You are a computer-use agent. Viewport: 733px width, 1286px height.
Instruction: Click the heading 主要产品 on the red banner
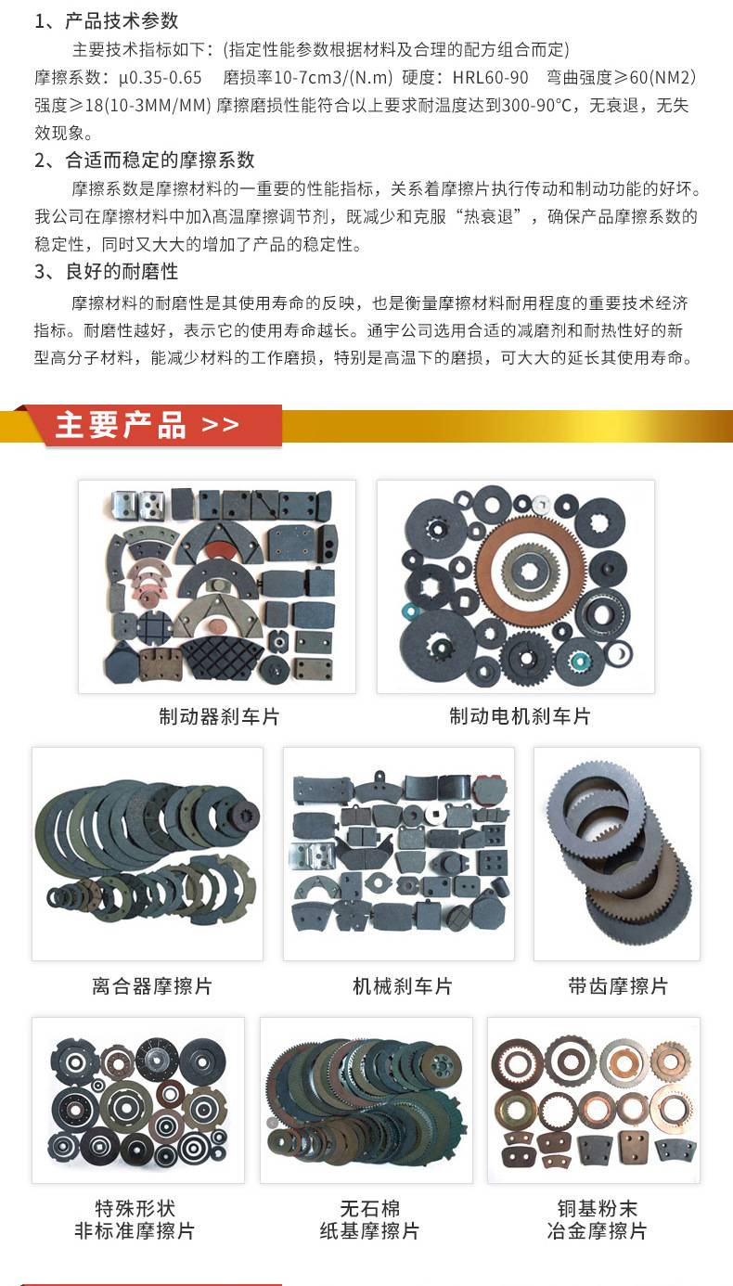(x=121, y=425)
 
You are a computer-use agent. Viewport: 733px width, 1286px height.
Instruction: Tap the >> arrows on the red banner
(x=221, y=425)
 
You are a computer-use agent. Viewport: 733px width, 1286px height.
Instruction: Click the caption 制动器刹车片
(x=219, y=716)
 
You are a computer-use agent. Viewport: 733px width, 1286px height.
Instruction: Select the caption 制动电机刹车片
(x=520, y=716)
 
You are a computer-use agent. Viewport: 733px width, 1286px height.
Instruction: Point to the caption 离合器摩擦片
(x=152, y=985)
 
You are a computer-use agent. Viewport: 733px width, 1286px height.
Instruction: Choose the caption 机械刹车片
(x=403, y=985)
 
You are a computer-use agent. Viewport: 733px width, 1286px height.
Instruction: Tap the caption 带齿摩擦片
(x=618, y=985)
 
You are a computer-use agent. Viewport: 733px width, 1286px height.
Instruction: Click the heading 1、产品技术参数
(x=107, y=21)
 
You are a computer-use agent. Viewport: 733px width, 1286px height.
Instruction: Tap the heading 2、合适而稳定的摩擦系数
(x=145, y=160)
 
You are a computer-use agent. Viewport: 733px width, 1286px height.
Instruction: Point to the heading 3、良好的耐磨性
(x=107, y=271)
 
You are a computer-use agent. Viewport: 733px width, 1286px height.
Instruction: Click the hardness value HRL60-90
(x=490, y=78)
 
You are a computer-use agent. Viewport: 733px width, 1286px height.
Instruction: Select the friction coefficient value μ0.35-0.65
(x=161, y=78)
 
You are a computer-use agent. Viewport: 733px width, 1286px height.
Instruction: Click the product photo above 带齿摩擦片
(x=617, y=854)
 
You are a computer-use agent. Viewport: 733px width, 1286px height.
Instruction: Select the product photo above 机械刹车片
(x=399, y=854)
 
